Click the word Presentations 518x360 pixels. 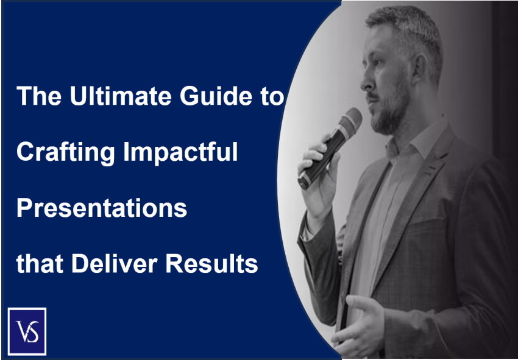click(x=101, y=208)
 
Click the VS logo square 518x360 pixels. click(x=27, y=331)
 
